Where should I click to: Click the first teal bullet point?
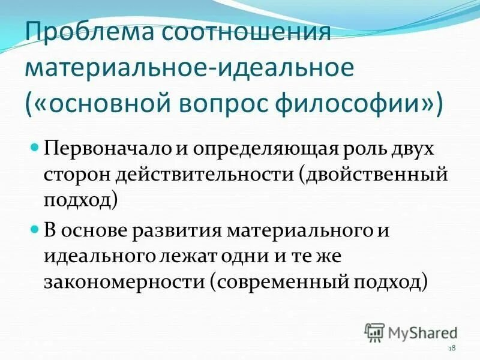[x=35, y=146]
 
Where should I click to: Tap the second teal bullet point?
[x=35, y=229]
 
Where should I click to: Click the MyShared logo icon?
[x=375, y=331]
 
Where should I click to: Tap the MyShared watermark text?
[x=423, y=332]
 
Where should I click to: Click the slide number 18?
[x=452, y=349]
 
